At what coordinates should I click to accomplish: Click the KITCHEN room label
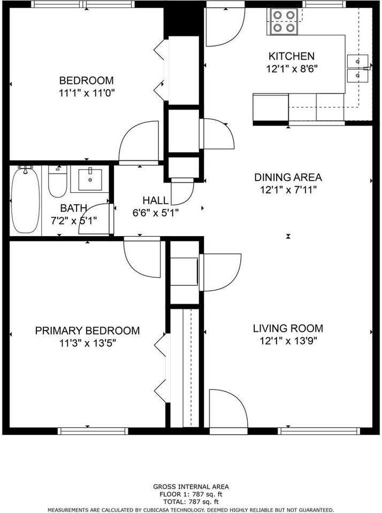(x=291, y=56)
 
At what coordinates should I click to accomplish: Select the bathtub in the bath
(x=25, y=200)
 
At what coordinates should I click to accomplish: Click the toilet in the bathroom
(x=57, y=182)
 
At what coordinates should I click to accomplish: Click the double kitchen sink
(x=357, y=69)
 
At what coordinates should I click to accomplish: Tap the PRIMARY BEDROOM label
(x=87, y=331)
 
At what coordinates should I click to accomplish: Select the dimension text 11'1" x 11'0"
(x=87, y=92)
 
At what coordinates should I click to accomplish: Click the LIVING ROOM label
(x=288, y=328)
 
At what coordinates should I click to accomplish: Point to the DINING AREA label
(x=288, y=177)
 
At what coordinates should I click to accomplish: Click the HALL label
(x=155, y=200)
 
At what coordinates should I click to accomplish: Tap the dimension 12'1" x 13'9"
(x=288, y=340)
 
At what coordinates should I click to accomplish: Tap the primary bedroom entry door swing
(x=142, y=255)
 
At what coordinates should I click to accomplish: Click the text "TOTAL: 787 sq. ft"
(x=191, y=502)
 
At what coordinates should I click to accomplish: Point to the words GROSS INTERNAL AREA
(x=191, y=486)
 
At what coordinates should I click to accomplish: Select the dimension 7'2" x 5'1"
(x=73, y=220)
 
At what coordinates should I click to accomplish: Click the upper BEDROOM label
(x=86, y=81)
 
